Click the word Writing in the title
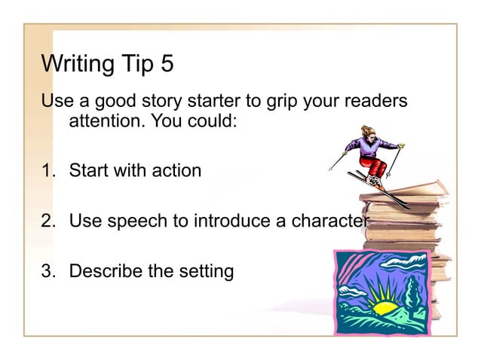pyautogui.click(x=76, y=65)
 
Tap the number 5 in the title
pyautogui.click(x=167, y=65)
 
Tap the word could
pyautogui.click(x=213, y=121)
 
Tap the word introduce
pyautogui.click(x=233, y=221)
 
